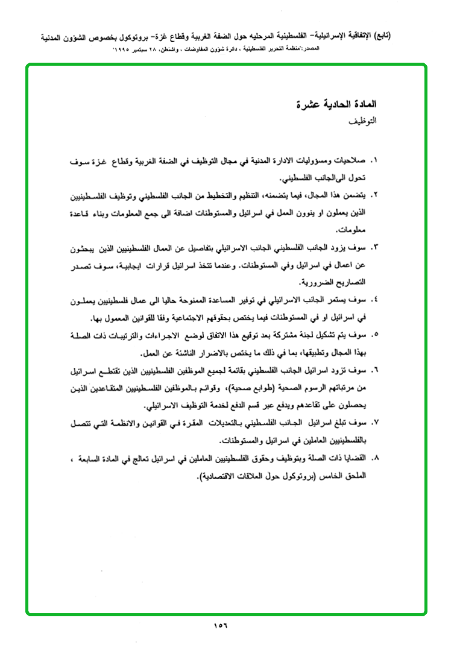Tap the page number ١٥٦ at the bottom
220,625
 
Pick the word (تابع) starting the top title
380,35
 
